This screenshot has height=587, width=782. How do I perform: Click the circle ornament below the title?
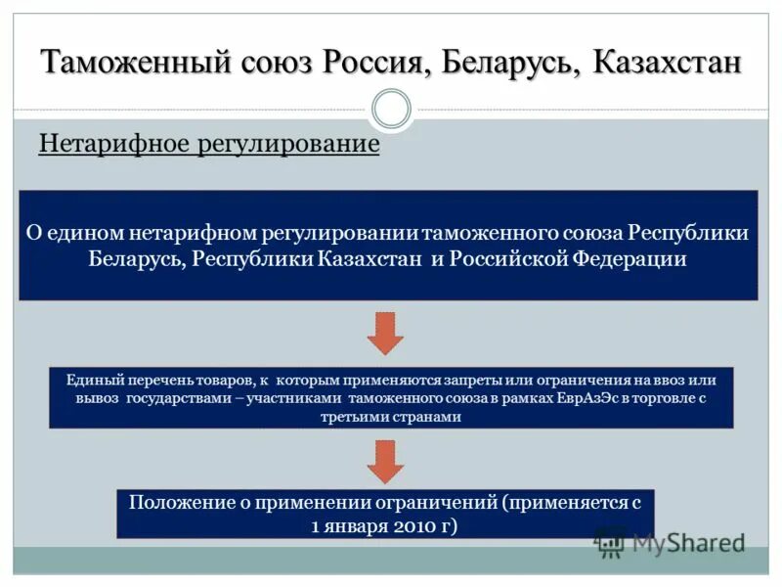tap(392, 109)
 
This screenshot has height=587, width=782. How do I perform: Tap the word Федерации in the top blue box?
tap(630, 259)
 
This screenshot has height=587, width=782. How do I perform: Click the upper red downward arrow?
tap(385, 333)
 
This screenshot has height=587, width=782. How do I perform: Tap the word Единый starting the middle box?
tap(90, 380)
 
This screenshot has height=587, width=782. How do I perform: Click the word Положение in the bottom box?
tap(180, 503)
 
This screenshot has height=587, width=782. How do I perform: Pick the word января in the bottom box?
tap(359, 525)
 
